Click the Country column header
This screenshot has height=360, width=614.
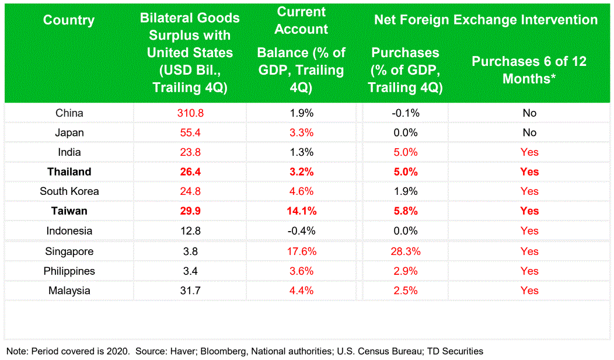68,20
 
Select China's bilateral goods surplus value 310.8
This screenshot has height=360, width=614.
190,113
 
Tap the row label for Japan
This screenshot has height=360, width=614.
69,132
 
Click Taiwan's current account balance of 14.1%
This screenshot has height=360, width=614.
302,211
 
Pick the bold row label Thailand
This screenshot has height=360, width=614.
69,172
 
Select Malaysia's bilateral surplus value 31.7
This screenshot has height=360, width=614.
190,291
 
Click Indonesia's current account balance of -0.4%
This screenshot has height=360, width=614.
302,231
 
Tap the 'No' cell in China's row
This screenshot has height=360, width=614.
529,113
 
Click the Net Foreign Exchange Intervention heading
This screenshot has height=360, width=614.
486,20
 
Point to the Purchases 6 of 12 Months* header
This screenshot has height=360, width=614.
529,69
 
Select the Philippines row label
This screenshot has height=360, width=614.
69,271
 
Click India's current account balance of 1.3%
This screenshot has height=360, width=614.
302,152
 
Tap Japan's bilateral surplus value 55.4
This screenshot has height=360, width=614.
190,132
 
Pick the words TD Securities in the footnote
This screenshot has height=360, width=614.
455,351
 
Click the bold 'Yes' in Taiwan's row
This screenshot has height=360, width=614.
529,211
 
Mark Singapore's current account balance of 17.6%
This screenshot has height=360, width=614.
302,251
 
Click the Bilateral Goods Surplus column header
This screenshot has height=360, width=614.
190,53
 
